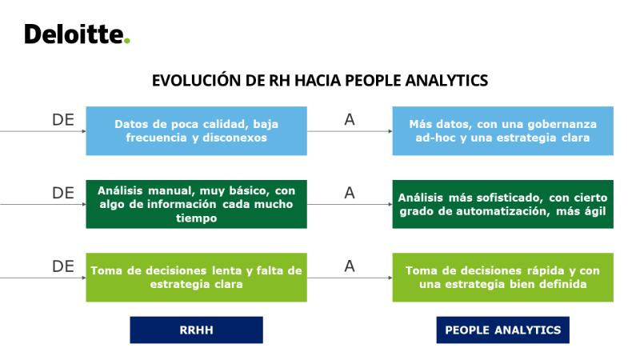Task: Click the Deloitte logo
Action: click(77, 34)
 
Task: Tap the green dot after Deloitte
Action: click(127, 41)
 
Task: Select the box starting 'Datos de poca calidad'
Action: click(196, 130)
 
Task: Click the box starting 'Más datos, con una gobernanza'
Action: click(503, 130)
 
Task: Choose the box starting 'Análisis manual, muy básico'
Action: click(196, 204)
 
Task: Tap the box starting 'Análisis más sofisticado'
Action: click(503, 204)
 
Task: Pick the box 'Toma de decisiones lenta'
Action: click(196, 277)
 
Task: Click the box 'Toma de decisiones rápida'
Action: click(503, 277)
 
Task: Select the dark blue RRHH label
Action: click(196, 330)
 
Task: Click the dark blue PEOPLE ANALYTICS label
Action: click(503, 330)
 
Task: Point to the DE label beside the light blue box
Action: click(63, 119)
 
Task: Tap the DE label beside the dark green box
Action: click(63, 193)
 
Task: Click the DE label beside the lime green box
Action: click(63, 266)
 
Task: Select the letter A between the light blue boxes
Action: click(350, 119)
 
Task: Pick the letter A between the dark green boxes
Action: click(350, 193)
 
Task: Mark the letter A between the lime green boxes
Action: click(350, 266)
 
